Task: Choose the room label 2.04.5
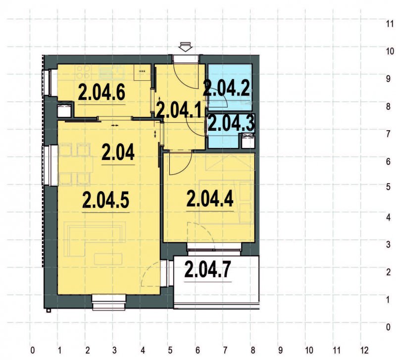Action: (x=106, y=201)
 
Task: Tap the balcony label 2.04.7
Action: (x=207, y=270)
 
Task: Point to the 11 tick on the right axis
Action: (x=390, y=23)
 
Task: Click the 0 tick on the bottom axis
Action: (x=32, y=350)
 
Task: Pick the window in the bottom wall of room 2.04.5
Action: (x=109, y=301)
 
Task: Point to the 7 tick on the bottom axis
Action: (x=226, y=350)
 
